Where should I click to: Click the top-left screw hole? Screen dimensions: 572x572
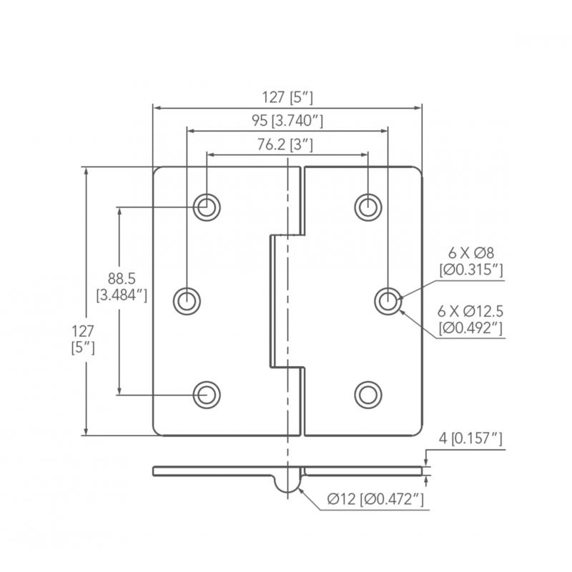pos(207,207)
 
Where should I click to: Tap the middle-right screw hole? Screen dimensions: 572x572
pos(388,300)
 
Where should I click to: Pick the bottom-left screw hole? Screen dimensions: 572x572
pos(207,393)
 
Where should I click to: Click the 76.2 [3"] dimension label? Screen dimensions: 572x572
pos(286,144)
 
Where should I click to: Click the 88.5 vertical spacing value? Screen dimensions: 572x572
pos(122,278)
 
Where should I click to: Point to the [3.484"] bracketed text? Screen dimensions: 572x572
pos(122,293)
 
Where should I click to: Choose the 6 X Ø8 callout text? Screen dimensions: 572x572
pos(471,254)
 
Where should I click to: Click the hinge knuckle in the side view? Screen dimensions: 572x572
pos(287,482)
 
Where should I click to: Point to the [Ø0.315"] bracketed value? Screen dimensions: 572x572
pos(471,270)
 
